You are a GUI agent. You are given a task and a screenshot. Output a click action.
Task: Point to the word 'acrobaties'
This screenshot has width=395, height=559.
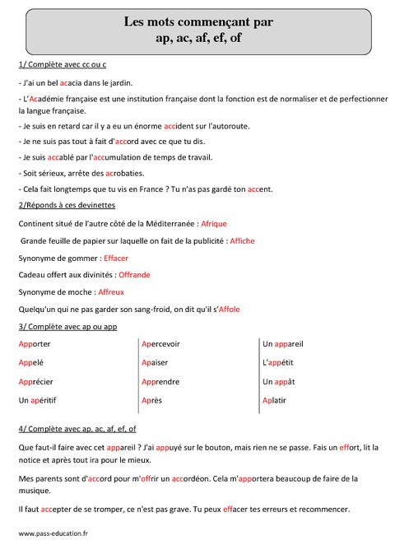[124, 173]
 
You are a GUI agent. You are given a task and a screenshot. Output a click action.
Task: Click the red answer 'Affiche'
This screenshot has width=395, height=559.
[243, 240]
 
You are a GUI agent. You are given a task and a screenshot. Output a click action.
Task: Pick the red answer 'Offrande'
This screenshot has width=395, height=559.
[134, 275]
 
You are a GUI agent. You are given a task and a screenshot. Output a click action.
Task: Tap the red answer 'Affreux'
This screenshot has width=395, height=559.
[110, 292]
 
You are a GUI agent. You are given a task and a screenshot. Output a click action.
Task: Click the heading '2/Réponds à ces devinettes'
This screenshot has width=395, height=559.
[66, 205]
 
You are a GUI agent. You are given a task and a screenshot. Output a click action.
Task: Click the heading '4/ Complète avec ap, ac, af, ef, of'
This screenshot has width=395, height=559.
[77, 429]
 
